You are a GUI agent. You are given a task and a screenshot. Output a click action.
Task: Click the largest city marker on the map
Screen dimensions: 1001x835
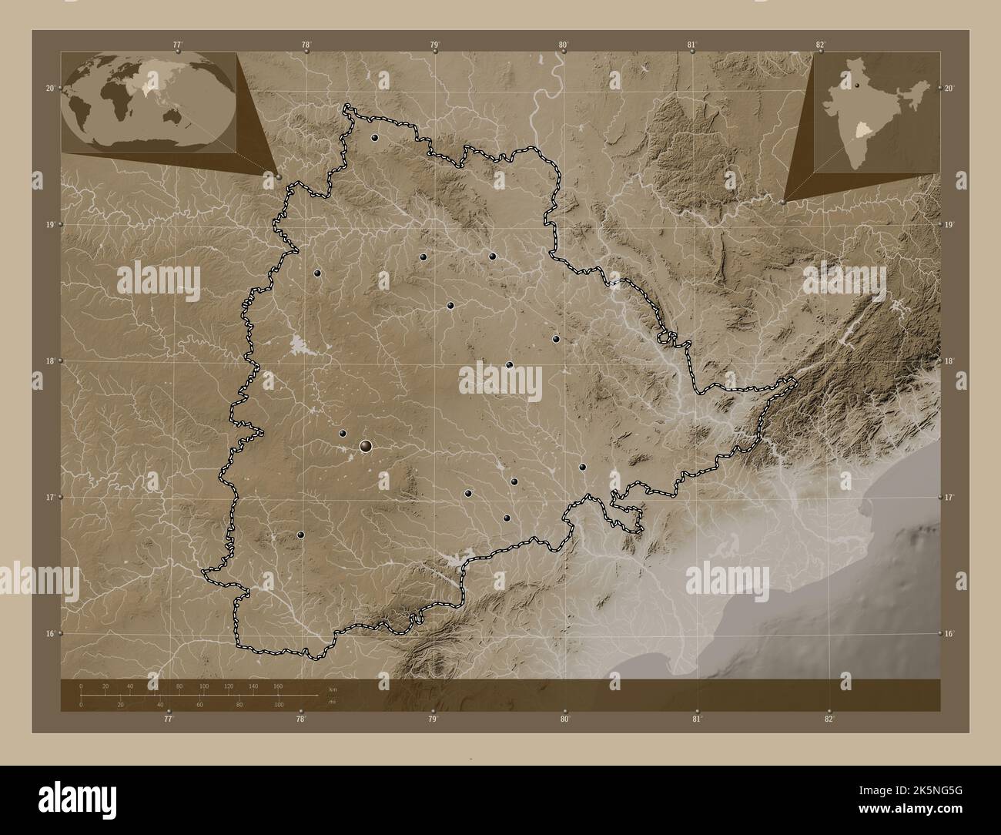tap(366, 445)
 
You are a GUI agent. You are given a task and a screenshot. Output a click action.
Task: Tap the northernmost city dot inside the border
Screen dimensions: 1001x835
tap(374, 138)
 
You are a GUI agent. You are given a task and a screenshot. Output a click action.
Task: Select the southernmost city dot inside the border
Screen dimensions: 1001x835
tap(301, 535)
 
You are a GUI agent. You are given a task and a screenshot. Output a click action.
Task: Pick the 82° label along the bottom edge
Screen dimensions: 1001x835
tap(829, 719)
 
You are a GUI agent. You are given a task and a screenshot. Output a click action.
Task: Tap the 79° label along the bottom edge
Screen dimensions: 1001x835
tap(434, 719)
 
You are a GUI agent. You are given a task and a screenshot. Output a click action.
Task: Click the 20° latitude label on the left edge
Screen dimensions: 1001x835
tap(49, 89)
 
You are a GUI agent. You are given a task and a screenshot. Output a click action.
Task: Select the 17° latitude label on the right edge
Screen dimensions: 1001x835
tap(949, 498)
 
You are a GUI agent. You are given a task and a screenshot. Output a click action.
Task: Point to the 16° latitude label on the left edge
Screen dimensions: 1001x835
tap(49, 634)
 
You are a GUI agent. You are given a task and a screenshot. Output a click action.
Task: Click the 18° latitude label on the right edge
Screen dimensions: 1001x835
tap(949, 361)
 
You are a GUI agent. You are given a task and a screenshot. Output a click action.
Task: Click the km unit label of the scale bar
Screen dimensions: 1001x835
tap(333, 689)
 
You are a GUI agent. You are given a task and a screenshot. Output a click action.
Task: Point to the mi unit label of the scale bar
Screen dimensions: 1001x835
tap(332, 701)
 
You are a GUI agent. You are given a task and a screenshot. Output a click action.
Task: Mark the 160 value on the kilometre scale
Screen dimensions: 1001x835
tap(278, 686)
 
